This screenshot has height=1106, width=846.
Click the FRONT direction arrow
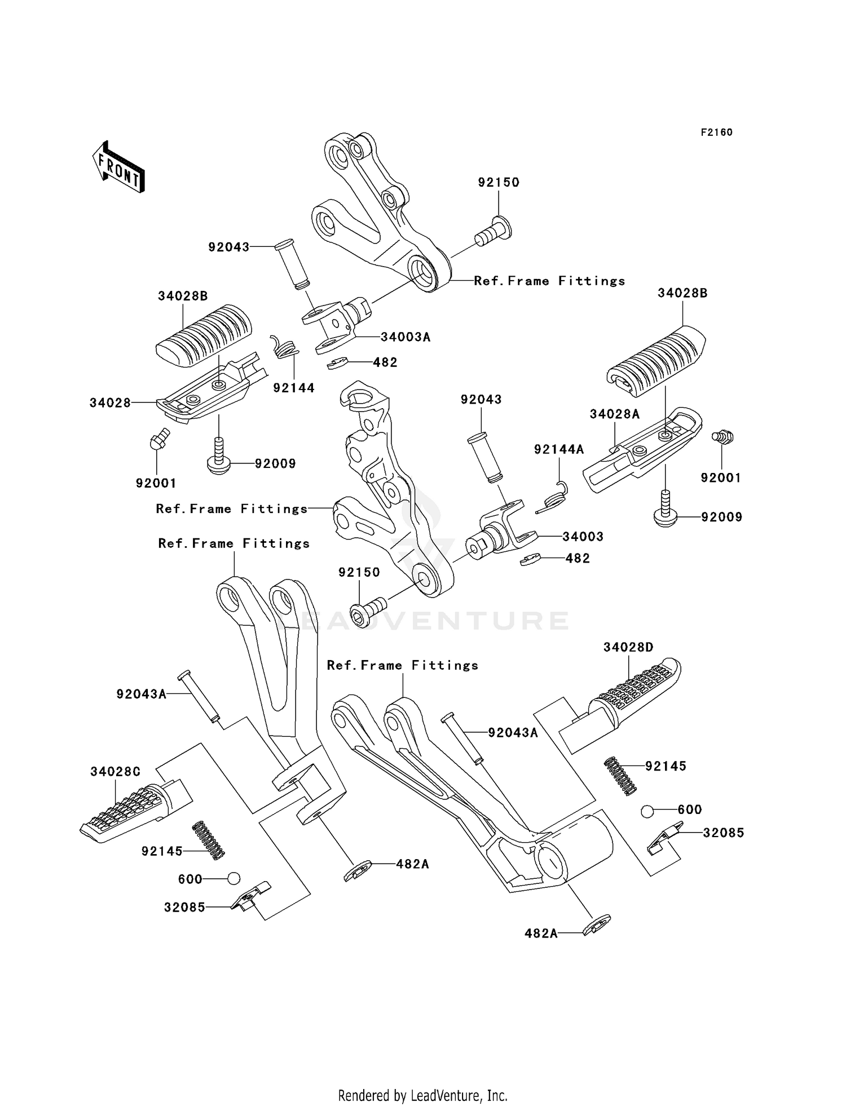[x=118, y=167]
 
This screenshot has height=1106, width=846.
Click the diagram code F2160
[x=716, y=132]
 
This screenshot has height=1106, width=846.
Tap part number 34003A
[x=406, y=337]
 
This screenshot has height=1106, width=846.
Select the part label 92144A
[x=559, y=449]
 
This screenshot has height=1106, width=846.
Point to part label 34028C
[x=115, y=771]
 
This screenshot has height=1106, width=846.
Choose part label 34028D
[x=628, y=647]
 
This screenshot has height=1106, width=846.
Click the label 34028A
[x=615, y=414]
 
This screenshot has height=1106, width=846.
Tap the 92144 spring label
[x=294, y=388]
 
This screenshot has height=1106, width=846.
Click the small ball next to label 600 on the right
[x=647, y=811]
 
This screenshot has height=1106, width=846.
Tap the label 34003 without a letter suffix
[x=583, y=537]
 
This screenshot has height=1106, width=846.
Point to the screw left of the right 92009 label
[x=666, y=509]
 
